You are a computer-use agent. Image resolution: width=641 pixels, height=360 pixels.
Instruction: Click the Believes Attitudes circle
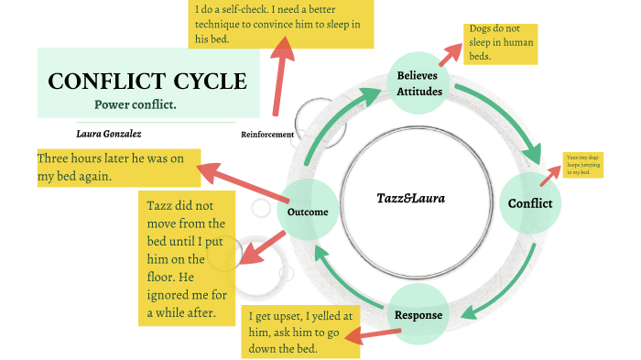(420, 83)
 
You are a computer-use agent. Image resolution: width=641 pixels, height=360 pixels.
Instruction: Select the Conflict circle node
(530, 203)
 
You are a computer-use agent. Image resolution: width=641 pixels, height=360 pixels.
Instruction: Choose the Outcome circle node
(307, 212)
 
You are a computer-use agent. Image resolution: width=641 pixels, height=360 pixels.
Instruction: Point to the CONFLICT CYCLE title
(147, 80)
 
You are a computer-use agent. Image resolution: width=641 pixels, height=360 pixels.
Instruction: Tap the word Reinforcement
(267, 135)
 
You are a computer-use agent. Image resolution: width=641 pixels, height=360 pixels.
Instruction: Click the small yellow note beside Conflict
(581, 166)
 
